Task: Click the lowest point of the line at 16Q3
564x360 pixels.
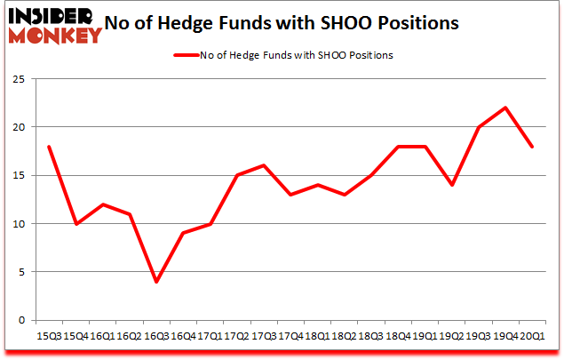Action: click(x=157, y=282)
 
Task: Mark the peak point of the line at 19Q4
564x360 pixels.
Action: click(x=505, y=108)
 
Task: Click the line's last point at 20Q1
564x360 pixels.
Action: click(x=531, y=147)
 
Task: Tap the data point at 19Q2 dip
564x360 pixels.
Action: click(x=453, y=185)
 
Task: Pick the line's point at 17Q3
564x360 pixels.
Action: click(x=264, y=165)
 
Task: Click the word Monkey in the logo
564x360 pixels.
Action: click(x=55, y=36)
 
